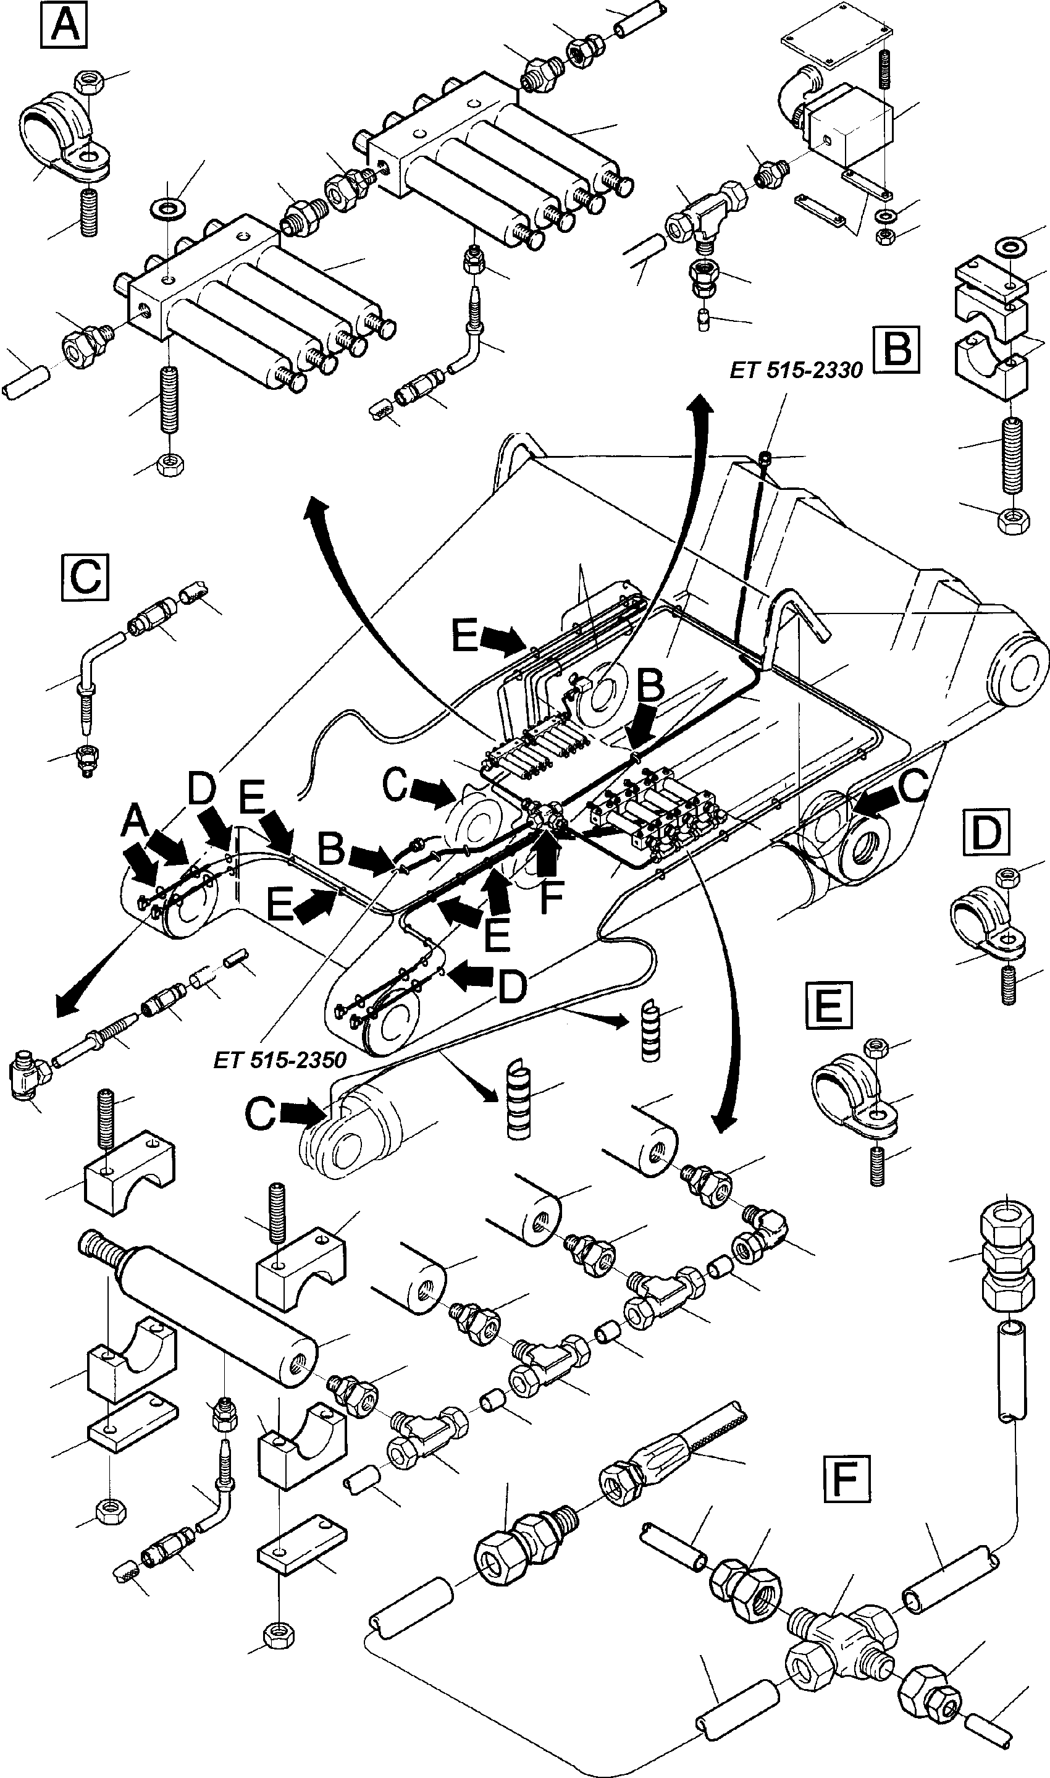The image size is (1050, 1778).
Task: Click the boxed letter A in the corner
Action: [x=64, y=25]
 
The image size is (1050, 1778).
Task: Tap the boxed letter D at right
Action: [x=986, y=835]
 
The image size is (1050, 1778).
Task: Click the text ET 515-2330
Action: [x=796, y=370]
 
